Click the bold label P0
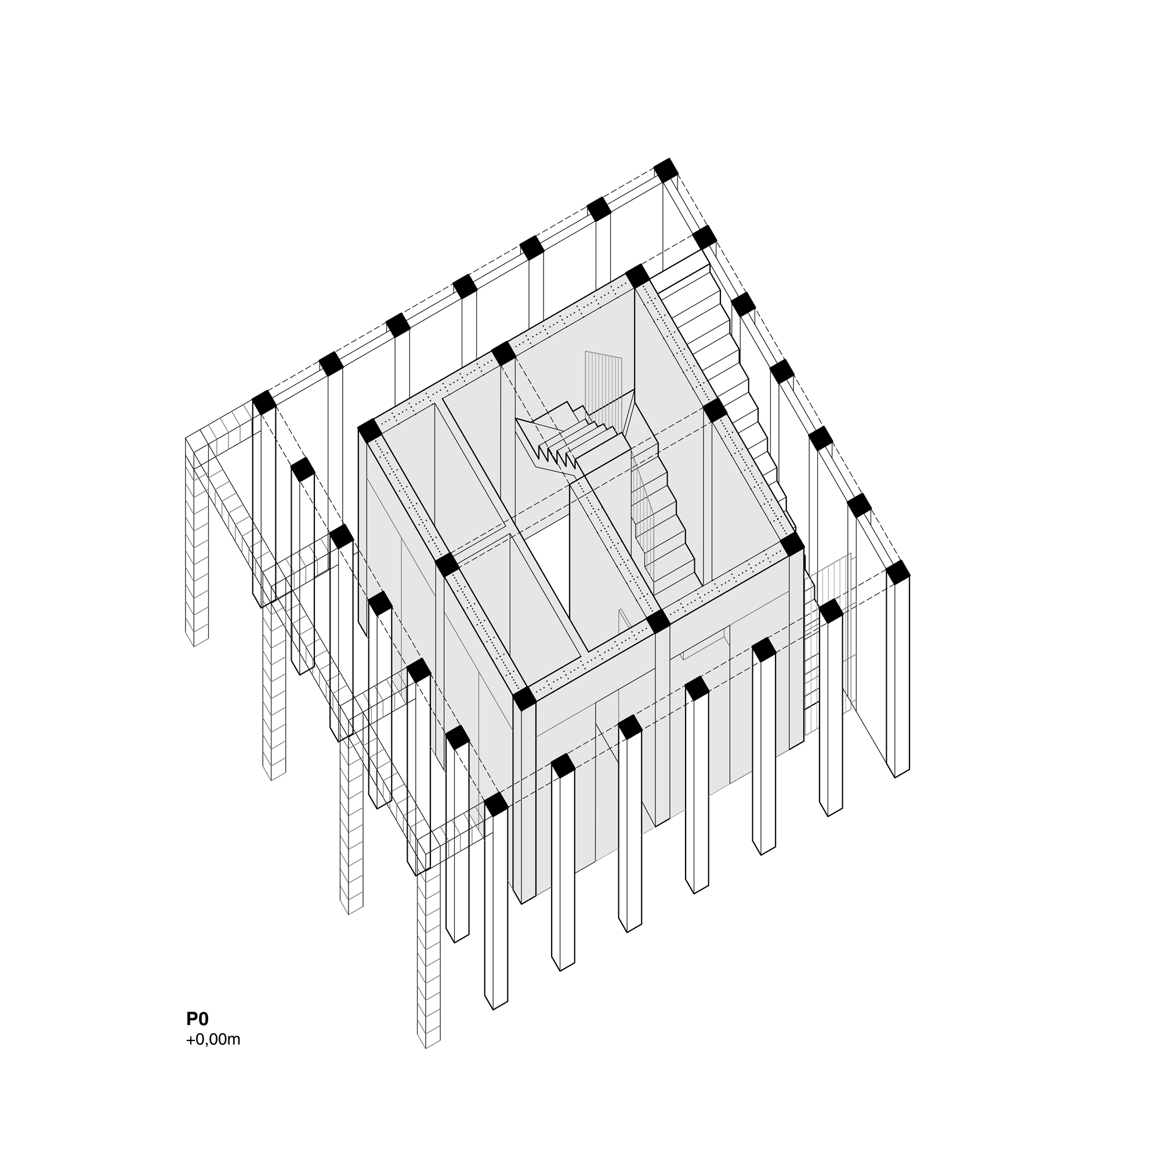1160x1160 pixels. coord(197,1019)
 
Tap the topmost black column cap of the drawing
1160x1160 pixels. coord(665,170)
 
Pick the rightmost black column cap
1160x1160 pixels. coord(898,572)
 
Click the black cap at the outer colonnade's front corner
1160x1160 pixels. coord(496,804)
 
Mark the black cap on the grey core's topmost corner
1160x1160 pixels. coord(637,276)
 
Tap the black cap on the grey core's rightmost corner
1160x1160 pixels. coord(792,544)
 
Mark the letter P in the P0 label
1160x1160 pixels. coord(191,1019)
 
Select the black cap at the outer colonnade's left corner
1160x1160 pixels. coord(263,403)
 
